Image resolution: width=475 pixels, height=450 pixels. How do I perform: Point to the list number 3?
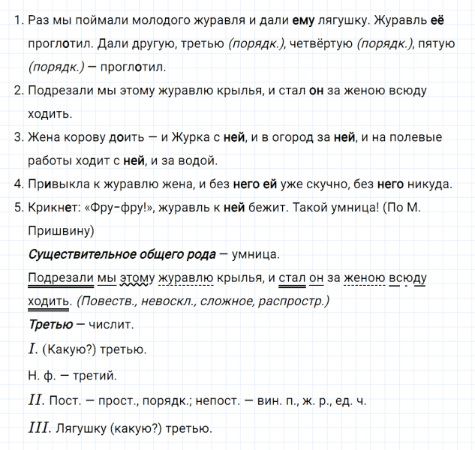18,137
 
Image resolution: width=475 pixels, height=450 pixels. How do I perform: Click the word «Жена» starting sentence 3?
43,137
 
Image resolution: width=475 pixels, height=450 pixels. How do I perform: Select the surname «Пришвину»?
60,230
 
